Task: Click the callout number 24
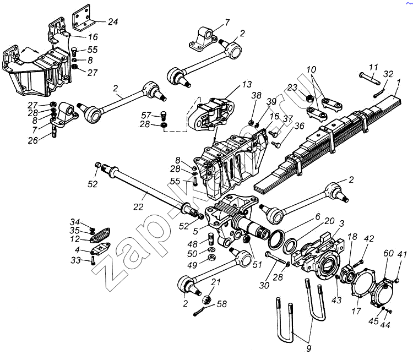coord(113,21)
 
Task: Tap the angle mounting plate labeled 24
coord(82,18)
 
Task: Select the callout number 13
coord(247,85)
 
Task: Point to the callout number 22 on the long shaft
coord(138,207)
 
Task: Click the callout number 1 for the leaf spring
coord(399,83)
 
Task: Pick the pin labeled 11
coord(370,79)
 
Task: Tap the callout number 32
coord(388,74)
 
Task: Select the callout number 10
coord(311,69)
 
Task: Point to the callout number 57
coord(146,116)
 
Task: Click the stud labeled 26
coord(54,132)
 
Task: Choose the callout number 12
coord(75,239)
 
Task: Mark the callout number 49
coord(192,265)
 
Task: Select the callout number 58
coord(222,304)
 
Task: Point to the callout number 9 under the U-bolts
coord(309,348)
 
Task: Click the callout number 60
coord(388,253)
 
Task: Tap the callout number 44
coord(385,325)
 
